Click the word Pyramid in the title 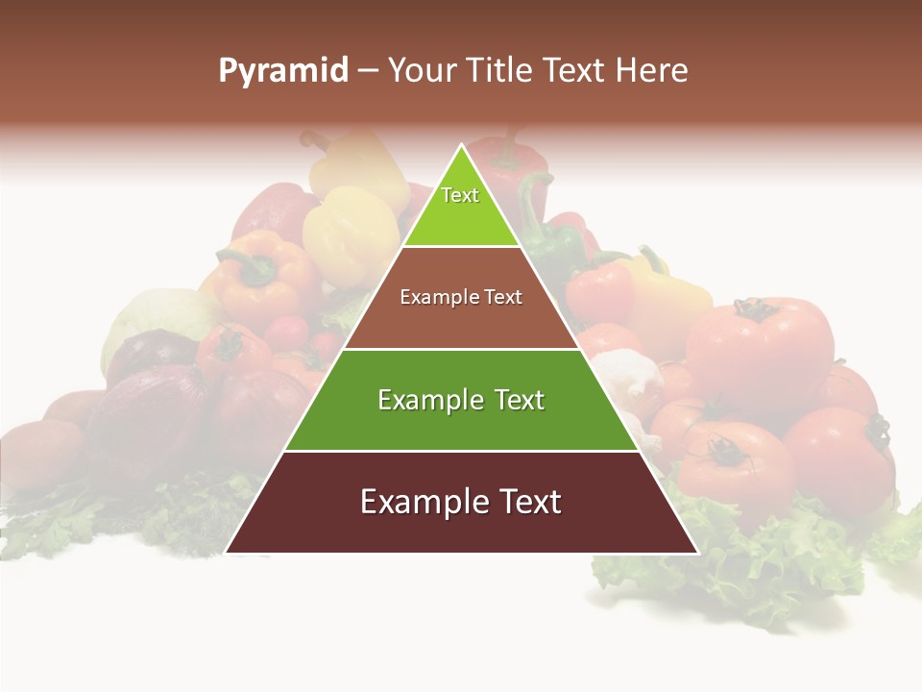tap(282, 71)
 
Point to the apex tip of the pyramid tap(462, 147)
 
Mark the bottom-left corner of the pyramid tap(228, 552)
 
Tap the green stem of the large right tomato tap(754, 309)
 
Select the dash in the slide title tap(368, 71)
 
